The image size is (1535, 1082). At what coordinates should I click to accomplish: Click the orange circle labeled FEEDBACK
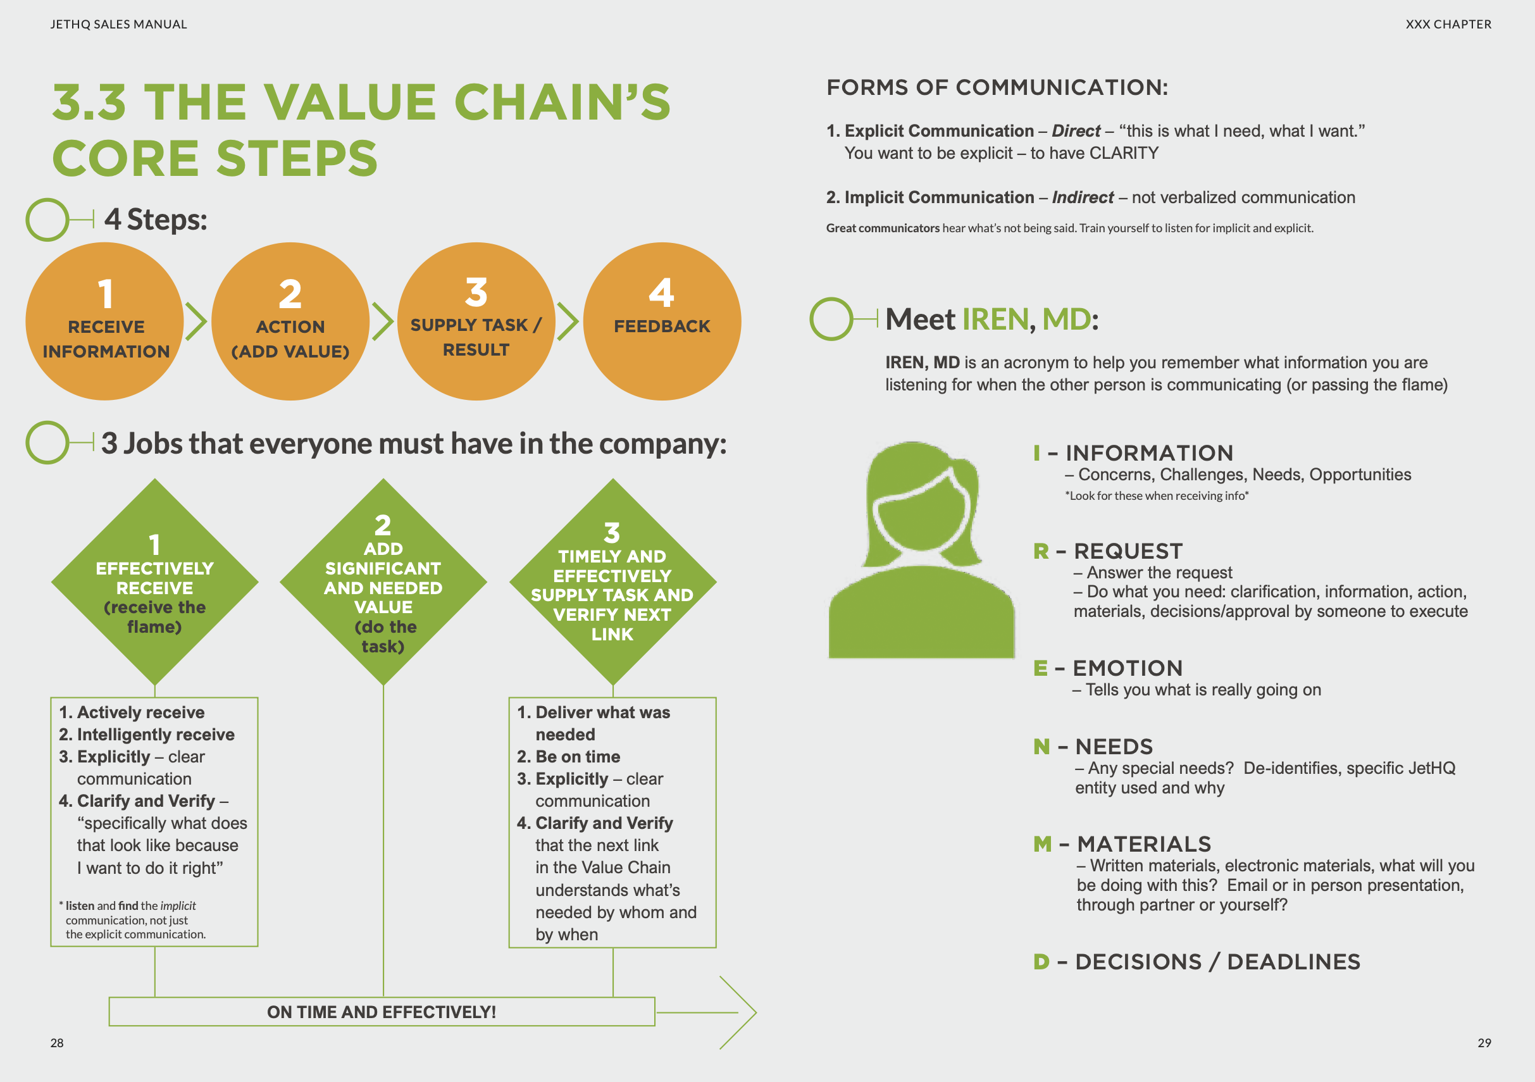(x=661, y=321)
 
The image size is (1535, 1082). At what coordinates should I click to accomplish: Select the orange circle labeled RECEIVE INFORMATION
(x=104, y=321)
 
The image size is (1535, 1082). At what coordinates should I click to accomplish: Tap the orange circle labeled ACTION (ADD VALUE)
(x=290, y=321)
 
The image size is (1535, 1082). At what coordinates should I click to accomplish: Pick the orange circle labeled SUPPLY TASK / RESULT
(x=475, y=321)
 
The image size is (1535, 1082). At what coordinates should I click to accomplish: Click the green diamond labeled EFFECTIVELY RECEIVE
(x=154, y=581)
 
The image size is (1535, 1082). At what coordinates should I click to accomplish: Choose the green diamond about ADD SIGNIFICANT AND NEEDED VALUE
(x=383, y=581)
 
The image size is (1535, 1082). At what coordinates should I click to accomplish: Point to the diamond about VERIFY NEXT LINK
(x=612, y=581)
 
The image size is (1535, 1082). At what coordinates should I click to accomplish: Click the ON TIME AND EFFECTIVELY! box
(x=381, y=1012)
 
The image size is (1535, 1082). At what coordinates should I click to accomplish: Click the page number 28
(x=57, y=1043)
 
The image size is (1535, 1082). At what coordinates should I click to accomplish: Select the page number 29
(x=1484, y=1043)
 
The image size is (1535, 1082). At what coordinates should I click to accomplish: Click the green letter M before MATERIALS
(x=1042, y=844)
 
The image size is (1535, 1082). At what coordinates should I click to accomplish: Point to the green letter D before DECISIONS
(x=1041, y=962)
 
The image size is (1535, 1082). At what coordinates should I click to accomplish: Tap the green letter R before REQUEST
(x=1041, y=551)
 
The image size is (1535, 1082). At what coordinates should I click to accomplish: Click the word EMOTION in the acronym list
(x=1127, y=668)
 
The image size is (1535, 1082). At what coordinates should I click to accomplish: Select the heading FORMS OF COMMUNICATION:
(x=997, y=87)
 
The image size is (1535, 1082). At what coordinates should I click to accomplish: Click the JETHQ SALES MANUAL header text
(x=118, y=25)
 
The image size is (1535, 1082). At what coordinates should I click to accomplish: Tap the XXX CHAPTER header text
(x=1448, y=25)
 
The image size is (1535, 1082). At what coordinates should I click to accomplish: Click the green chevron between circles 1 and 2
(x=197, y=321)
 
